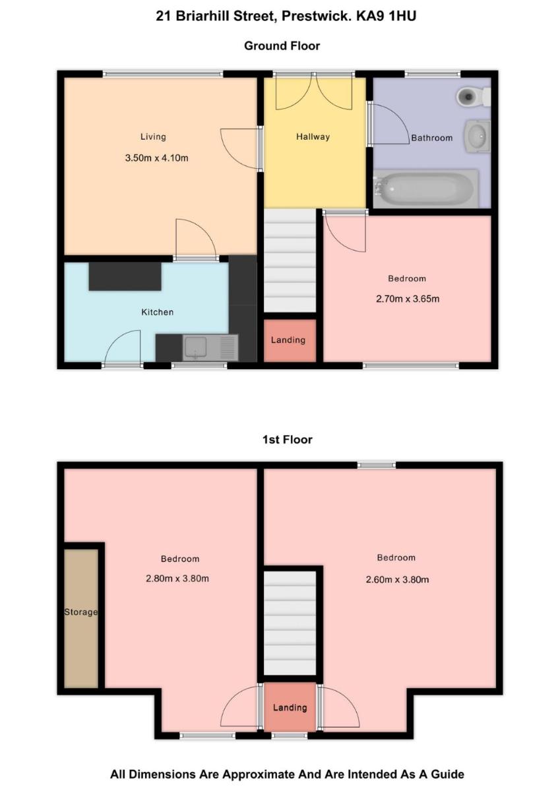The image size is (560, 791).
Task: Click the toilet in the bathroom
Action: [473, 96]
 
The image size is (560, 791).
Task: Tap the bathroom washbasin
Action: [479, 136]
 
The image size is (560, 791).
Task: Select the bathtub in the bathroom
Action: [426, 189]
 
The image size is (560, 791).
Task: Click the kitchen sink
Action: [210, 348]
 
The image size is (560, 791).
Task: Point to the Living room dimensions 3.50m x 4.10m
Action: [156, 158]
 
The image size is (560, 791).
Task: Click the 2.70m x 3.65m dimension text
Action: [408, 299]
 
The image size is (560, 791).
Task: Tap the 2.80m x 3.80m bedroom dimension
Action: [177, 579]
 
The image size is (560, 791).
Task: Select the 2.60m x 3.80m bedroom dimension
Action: [398, 579]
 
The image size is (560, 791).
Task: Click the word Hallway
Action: [313, 136]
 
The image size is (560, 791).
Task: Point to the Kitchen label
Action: [158, 312]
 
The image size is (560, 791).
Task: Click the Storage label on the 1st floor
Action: [81, 612]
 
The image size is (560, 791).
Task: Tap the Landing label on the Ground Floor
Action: [288, 340]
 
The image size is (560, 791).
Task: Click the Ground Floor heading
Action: [282, 46]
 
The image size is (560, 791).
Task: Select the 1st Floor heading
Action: [287, 440]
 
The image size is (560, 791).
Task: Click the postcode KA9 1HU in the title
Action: [386, 16]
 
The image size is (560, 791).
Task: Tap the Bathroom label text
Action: [432, 138]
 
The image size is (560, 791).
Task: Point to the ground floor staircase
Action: [290, 260]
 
